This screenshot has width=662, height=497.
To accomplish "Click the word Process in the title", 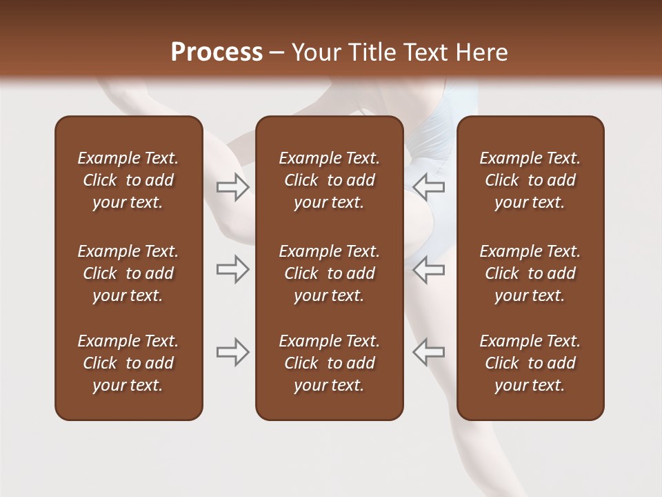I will pyautogui.click(x=217, y=52).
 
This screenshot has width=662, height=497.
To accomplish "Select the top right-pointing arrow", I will pyautogui.click(x=232, y=187).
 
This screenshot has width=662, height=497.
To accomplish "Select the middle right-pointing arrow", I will pyautogui.click(x=232, y=270).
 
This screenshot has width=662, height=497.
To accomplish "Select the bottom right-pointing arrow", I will pyautogui.click(x=232, y=352).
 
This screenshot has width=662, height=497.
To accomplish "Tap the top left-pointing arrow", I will pyautogui.click(x=428, y=187).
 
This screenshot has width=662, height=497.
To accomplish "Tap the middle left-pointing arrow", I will pyautogui.click(x=428, y=270).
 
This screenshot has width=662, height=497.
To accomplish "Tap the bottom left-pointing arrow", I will pyautogui.click(x=428, y=352).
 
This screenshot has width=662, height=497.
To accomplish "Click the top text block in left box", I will pyautogui.click(x=128, y=180).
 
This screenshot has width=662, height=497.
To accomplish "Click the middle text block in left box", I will pyautogui.click(x=128, y=273).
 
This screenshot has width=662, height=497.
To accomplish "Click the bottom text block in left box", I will pyautogui.click(x=128, y=363).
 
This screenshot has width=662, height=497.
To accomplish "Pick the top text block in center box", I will pyautogui.click(x=329, y=180).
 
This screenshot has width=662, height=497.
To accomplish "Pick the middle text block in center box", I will pyautogui.click(x=329, y=273).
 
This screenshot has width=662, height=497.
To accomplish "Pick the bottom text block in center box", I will pyautogui.click(x=329, y=363).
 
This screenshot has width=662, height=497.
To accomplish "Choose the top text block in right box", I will pyautogui.click(x=530, y=180).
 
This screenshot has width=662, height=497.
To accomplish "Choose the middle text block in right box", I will pyautogui.click(x=530, y=273).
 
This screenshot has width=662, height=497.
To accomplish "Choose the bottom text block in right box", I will pyautogui.click(x=530, y=363).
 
